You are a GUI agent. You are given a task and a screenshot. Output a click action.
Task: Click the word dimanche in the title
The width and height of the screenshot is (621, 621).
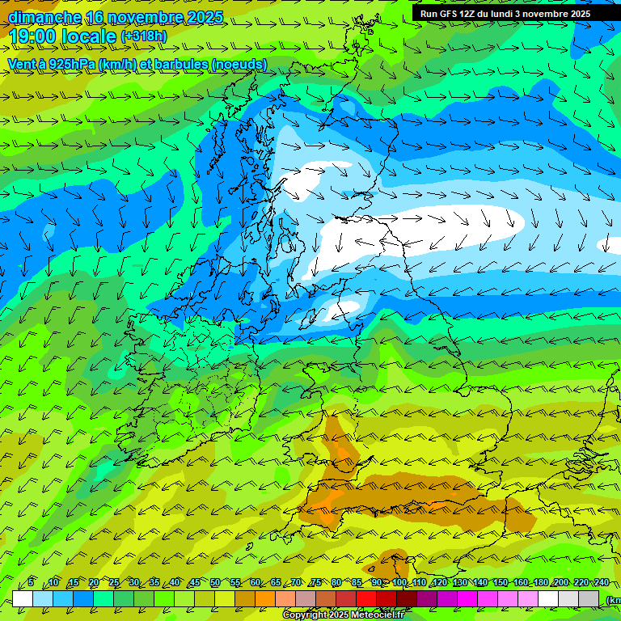[x=44, y=17]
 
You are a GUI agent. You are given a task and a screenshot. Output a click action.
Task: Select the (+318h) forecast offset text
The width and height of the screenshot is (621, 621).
[x=144, y=36]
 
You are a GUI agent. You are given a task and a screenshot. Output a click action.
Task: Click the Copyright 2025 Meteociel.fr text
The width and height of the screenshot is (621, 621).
[x=343, y=615]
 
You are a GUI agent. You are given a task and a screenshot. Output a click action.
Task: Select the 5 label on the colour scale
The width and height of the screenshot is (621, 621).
[x=31, y=582]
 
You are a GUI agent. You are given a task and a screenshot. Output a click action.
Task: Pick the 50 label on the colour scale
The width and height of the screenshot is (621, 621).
[x=215, y=582]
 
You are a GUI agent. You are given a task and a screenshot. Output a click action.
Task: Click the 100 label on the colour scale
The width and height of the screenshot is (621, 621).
[x=399, y=582]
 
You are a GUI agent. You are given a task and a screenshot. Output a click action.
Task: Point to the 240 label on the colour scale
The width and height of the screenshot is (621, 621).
[x=601, y=582]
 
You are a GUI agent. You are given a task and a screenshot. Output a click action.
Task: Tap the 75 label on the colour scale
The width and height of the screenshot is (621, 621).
[x=316, y=582]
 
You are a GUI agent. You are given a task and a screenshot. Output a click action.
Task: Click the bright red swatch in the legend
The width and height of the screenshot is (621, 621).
[x=366, y=598]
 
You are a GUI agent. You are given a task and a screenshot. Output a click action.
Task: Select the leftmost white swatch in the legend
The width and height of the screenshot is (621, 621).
[x=23, y=598]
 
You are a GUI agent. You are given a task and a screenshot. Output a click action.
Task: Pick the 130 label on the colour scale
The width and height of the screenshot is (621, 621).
[x=460, y=582]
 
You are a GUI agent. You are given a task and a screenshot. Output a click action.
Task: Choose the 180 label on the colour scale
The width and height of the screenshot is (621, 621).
[x=541, y=582]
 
